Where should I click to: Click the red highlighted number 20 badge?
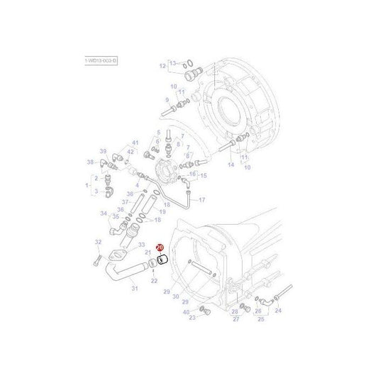coord(160,248)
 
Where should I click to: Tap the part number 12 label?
coord(162,67)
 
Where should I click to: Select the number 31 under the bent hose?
coord(134,288)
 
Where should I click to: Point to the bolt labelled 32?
coord(95,262)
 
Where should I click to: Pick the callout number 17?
coord(201,200)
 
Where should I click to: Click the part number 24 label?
coord(278,310)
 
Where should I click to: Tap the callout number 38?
coord(167,100)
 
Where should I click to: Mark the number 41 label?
coord(135,143)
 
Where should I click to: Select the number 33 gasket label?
coord(141,245)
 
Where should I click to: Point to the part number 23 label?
coord(192,318)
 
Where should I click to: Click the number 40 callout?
coord(186,312)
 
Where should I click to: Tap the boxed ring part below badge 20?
coord(161,260)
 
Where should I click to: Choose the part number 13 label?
coord(172,63)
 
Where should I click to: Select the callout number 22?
coord(154,281)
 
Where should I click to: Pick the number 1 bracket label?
coord(87,186)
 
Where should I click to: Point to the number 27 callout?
coord(235,319)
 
